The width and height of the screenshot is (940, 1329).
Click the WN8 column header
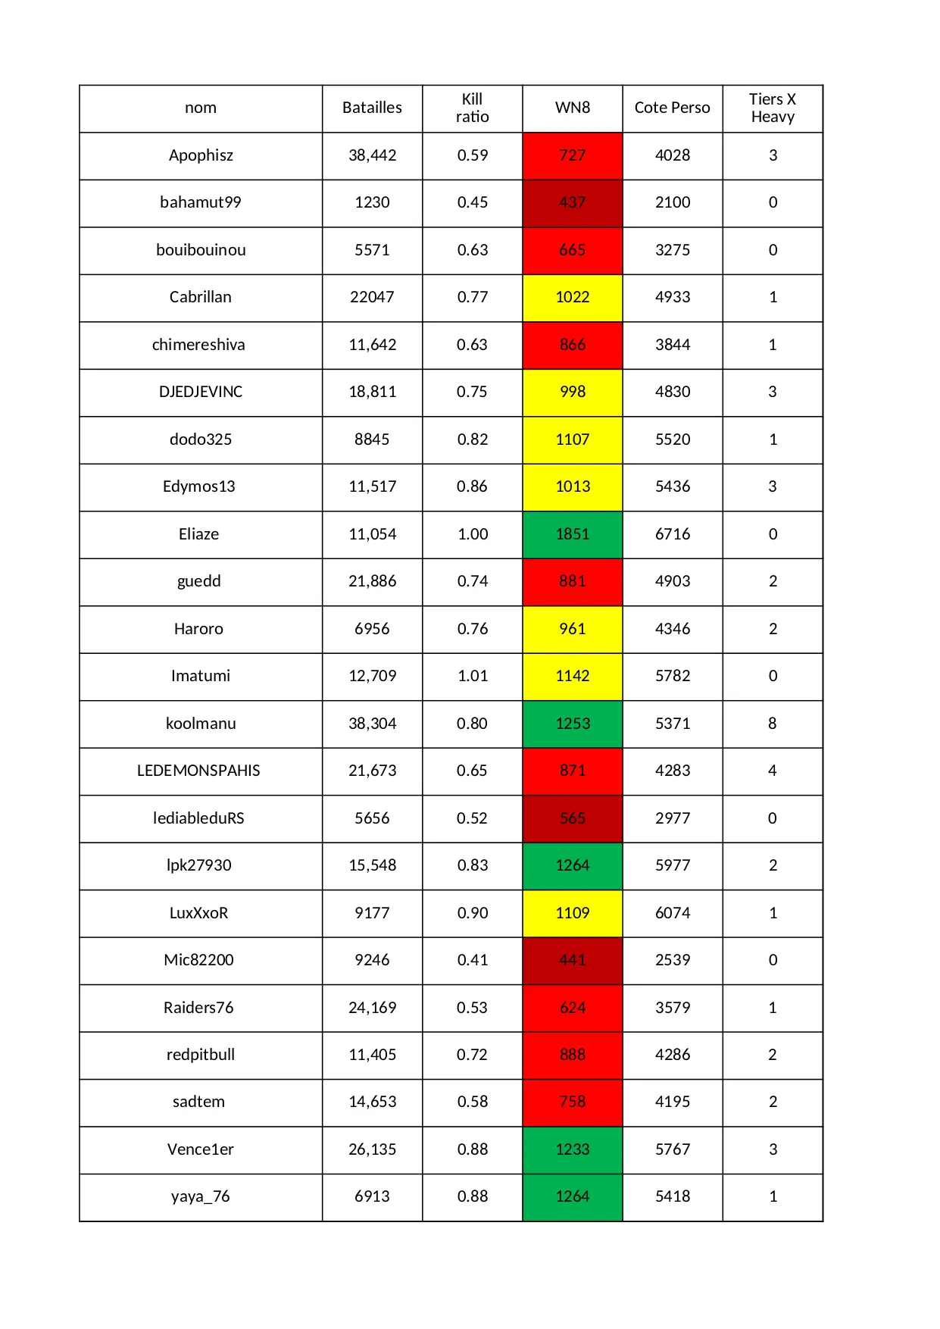[572, 108]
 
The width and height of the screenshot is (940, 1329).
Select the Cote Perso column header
[672, 108]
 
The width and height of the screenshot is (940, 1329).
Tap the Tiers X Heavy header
[773, 108]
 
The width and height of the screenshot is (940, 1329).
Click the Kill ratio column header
[472, 108]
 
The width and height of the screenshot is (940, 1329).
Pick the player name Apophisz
[201, 155]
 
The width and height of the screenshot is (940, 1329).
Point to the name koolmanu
[201, 724]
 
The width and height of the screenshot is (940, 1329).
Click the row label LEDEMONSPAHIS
[198, 771]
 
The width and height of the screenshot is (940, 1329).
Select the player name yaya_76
[200, 1196]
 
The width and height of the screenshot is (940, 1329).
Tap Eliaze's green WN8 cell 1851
[572, 534]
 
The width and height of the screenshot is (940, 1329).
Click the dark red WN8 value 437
[572, 202]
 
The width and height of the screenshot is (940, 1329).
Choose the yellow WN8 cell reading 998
[572, 392]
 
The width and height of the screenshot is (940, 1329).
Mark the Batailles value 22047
[372, 297]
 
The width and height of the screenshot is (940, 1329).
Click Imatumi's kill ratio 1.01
[473, 676]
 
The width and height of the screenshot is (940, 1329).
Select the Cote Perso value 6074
[673, 913]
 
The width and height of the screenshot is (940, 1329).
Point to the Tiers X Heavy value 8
[773, 724]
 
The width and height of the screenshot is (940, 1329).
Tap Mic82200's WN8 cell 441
[572, 960]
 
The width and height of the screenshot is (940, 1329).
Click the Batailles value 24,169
[372, 1008]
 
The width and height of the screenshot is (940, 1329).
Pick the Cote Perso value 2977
[673, 818]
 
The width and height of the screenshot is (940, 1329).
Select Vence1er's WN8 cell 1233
[572, 1149]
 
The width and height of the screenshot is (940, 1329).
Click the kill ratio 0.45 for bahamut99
[473, 202]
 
